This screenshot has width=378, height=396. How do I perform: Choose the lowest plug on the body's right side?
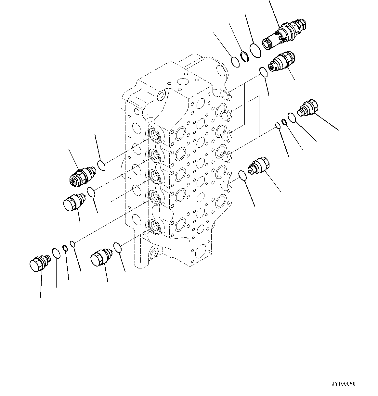(x=258, y=165)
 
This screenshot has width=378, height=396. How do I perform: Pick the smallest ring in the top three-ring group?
(x=235, y=61)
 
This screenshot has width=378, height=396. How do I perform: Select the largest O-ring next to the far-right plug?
(x=292, y=118)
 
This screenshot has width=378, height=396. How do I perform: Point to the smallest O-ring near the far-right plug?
(x=278, y=125)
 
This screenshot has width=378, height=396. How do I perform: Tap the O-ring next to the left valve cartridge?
(x=101, y=166)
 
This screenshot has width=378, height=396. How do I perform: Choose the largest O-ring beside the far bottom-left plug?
(x=56, y=253)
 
